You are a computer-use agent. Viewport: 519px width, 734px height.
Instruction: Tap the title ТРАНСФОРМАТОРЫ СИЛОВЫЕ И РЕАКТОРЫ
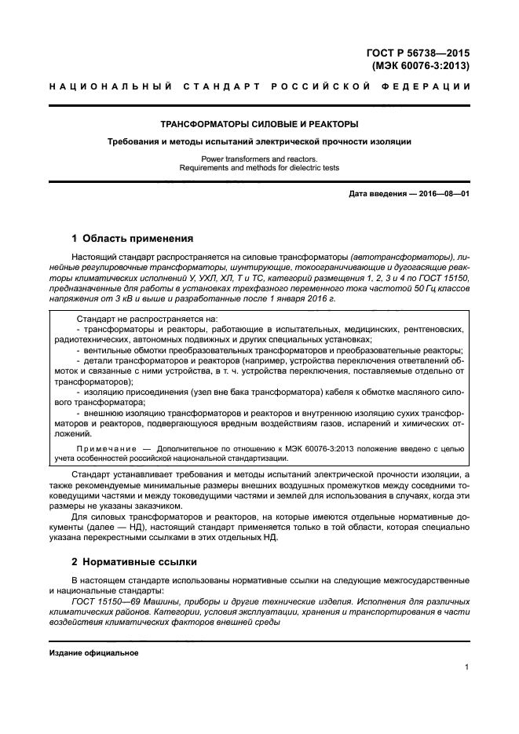pyautogui.click(x=259, y=124)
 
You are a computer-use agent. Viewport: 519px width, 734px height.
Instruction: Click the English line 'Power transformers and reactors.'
pyautogui.click(x=259, y=159)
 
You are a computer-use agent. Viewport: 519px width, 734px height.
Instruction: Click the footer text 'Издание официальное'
pyautogui.click(x=93, y=653)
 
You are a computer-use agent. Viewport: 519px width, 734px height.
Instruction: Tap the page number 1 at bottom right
pyautogui.click(x=466, y=668)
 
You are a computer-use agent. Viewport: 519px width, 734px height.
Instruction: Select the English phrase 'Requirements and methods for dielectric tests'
pyautogui.click(x=259, y=168)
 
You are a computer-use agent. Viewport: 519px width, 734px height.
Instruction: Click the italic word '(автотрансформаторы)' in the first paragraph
pyautogui.click(x=396, y=257)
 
